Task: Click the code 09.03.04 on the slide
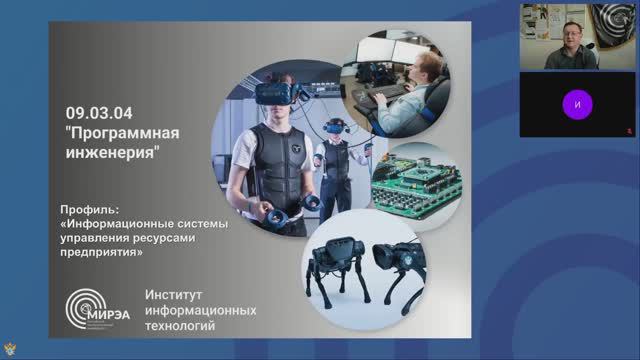click(x=95, y=113)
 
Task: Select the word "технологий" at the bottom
click(x=181, y=326)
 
